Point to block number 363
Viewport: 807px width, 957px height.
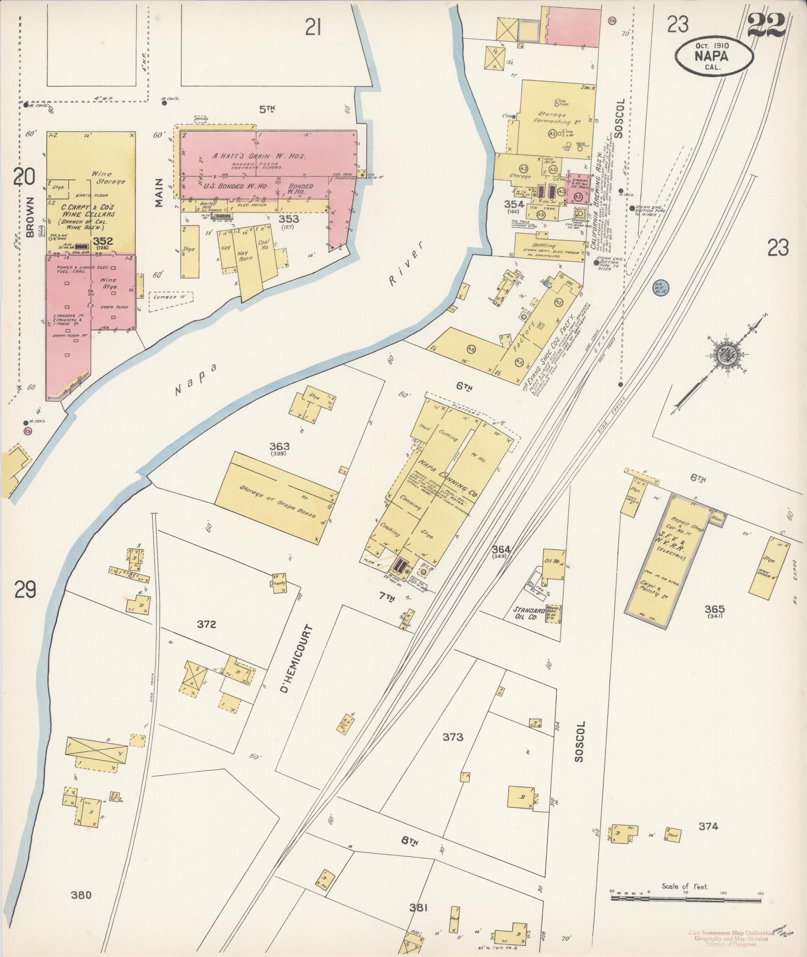click(279, 446)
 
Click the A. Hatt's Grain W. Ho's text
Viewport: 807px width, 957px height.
click(259, 156)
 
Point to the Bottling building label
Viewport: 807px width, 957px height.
click(544, 246)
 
